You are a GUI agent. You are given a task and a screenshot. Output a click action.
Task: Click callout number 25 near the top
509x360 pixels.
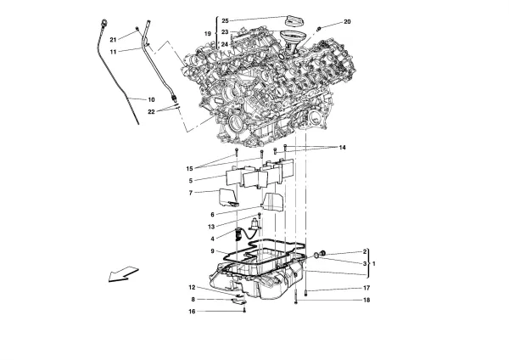click(225, 20)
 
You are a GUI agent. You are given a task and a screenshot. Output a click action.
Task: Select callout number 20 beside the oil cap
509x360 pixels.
click(346, 21)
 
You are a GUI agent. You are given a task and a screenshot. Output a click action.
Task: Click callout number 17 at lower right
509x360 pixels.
click(366, 288)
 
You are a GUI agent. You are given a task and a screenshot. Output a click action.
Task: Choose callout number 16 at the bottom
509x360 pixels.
click(193, 312)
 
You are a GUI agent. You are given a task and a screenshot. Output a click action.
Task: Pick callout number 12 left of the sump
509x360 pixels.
click(193, 287)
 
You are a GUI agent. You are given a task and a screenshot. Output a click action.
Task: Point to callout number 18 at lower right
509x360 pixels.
click(366, 300)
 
